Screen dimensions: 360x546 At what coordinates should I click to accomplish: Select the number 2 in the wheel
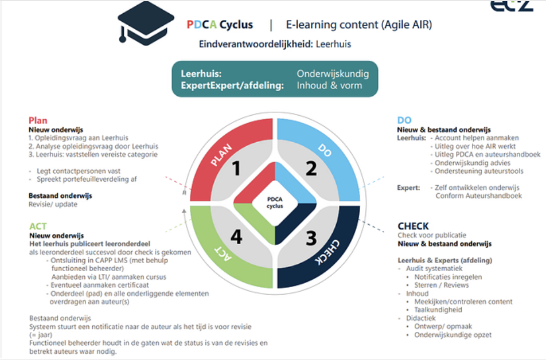point(311,169)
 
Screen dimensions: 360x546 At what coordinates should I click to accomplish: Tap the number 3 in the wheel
point(311,236)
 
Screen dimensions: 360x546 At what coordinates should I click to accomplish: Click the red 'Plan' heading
point(38,120)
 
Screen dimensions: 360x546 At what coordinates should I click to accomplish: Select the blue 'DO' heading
point(404,120)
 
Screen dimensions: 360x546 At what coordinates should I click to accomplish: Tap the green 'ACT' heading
point(38,226)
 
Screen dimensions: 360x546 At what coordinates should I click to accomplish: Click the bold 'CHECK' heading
point(413,226)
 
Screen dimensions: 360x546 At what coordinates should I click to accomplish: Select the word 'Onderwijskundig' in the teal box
point(333,74)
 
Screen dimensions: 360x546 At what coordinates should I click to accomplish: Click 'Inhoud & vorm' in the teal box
point(329,85)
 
